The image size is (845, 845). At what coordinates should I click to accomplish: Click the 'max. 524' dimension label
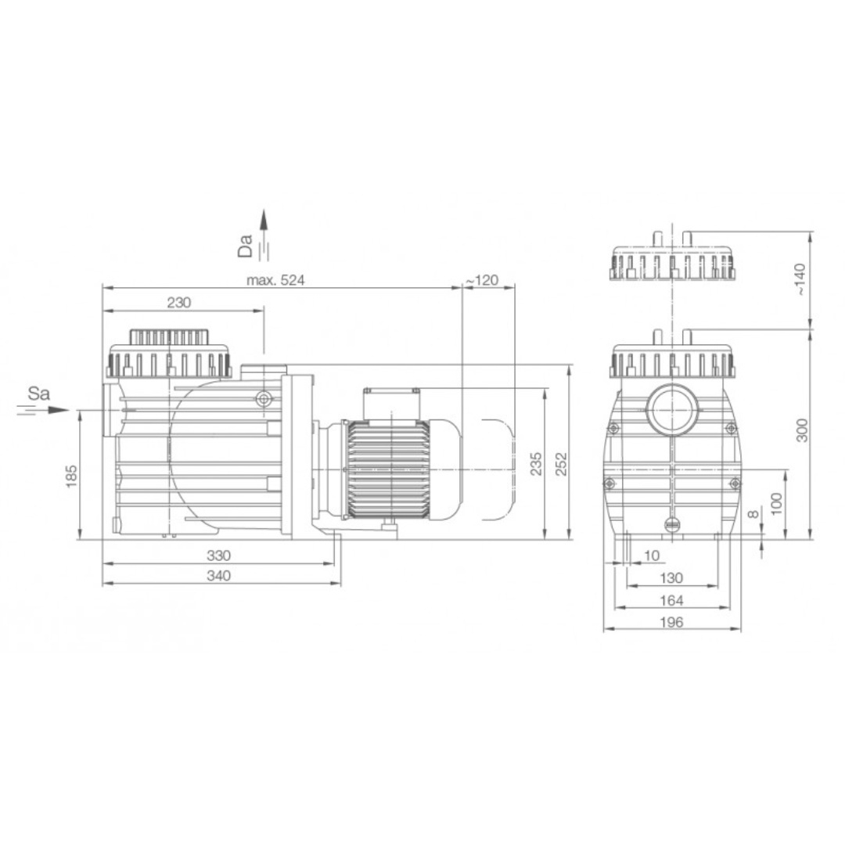(x=275, y=280)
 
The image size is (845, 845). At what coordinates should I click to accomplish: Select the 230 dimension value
(x=179, y=302)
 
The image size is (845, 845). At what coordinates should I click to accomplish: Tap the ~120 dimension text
(x=482, y=280)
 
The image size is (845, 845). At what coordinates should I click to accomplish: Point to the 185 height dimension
(x=71, y=476)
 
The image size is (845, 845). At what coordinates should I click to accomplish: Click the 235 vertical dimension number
(x=536, y=463)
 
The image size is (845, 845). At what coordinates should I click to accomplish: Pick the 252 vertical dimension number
(x=561, y=463)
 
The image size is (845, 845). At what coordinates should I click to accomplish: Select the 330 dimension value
(x=219, y=555)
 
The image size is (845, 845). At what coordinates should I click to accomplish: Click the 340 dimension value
(x=219, y=576)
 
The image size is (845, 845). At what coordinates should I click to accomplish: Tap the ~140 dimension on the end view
(x=801, y=279)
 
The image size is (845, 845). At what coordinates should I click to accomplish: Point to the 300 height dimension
(x=803, y=430)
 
